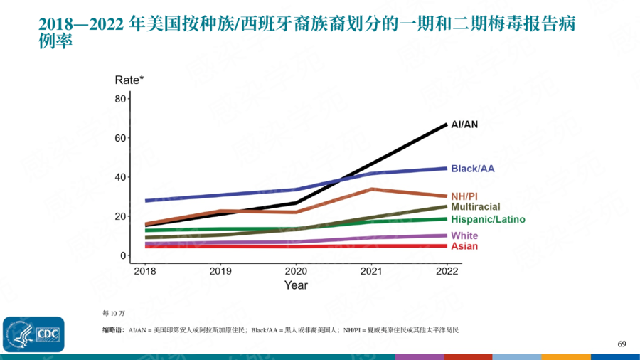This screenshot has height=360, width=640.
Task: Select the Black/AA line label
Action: point(473,169)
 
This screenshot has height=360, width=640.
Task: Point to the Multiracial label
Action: point(476,207)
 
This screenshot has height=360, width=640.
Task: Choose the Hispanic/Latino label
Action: point(488,220)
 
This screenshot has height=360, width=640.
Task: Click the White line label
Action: point(464,235)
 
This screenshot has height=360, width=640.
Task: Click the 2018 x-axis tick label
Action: point(145,271)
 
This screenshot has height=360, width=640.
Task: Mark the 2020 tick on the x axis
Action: point(296,271)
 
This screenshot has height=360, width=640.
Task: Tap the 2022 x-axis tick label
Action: point(447,271)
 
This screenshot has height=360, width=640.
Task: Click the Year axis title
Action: point(296,285)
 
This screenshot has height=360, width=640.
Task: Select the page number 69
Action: point(622,344)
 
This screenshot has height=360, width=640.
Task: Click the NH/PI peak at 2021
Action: point(371,189)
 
